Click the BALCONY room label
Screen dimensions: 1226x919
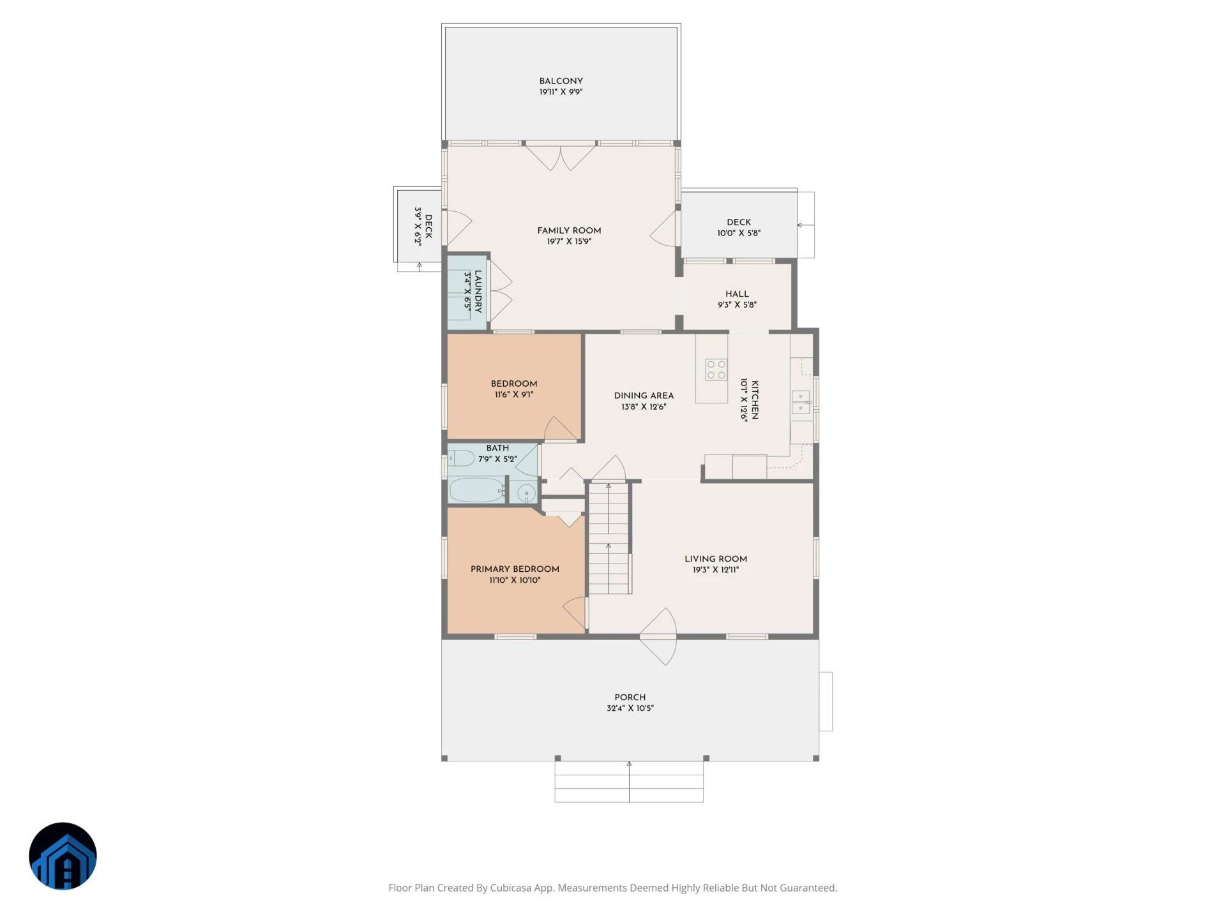[x=561, y=81]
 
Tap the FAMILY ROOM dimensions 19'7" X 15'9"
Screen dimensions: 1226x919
[x=569, y=241]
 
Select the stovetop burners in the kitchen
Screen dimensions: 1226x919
[x=716, y=370]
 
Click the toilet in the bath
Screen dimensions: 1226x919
[x=460, y=458]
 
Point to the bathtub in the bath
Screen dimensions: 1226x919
[x=477, y=490]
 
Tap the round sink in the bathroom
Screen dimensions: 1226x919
[x=526, y=493]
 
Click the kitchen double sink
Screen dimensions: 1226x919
[x=801, y=402]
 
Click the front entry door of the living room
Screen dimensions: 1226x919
[x=658, y=636]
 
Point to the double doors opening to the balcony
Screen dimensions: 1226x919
[x=561, y=157]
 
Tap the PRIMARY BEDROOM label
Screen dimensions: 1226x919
[x=515, y=569]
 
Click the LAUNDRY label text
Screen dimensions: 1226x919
[x=478, y=292]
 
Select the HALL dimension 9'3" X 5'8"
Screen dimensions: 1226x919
[x=737, y=304]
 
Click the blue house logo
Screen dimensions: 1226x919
[x=63, y=856]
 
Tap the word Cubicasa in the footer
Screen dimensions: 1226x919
[x=511, y=888]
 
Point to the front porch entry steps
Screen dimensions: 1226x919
[x=629, y=782]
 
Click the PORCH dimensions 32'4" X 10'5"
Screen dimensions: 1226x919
[x=630, y=708]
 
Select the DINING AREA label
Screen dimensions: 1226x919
[x=644, y=396]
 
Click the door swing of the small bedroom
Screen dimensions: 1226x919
[x=561, y=429]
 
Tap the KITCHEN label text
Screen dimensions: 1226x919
[x=755, y=400]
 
